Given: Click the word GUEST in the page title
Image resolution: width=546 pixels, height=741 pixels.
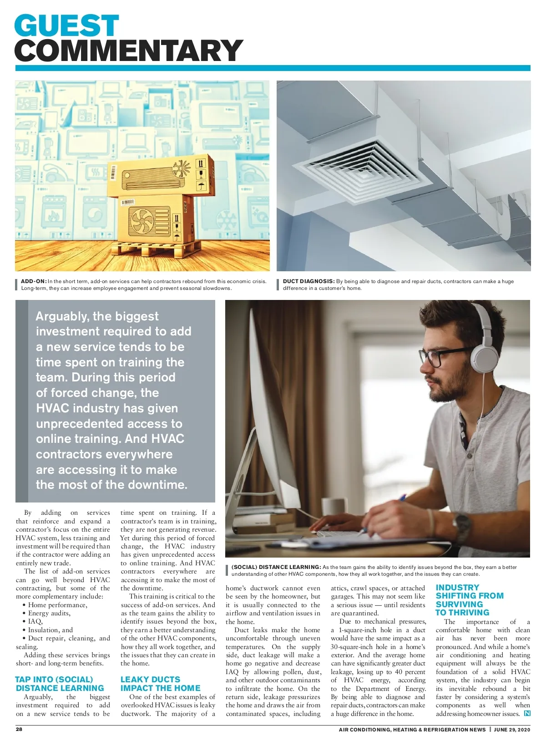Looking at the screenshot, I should click(66, 25).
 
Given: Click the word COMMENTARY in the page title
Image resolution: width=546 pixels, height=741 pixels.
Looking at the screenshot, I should click(129, 50).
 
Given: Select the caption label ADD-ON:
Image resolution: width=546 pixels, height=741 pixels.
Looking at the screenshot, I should click(34, 281).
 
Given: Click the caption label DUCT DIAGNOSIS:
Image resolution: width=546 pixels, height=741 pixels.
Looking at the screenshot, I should click(308, 281).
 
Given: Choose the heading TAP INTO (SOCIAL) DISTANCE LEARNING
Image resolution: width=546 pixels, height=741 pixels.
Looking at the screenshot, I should click(60, 684).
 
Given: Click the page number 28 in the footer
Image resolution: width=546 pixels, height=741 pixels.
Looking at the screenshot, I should click(19, 729).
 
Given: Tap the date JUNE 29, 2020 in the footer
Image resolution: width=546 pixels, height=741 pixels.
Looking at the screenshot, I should click(512, 730).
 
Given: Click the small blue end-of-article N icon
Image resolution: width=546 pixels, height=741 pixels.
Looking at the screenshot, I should click(527, 713).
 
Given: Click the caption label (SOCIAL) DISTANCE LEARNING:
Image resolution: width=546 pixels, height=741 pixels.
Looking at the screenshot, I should click(276, 567).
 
